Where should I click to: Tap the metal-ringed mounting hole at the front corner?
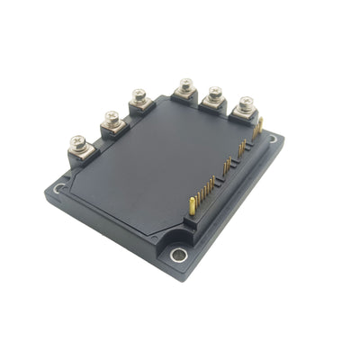(176, 256)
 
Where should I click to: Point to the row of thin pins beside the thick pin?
(208, 188)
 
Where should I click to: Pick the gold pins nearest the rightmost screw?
(256, 130)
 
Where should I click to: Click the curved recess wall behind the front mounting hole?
(176, 243)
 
